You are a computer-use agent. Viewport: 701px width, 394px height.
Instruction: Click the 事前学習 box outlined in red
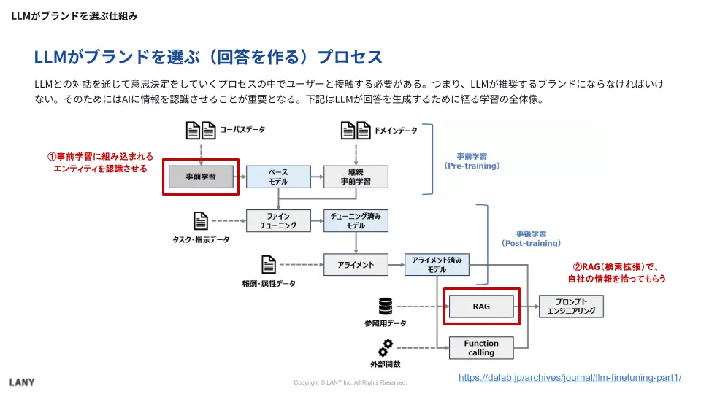201,177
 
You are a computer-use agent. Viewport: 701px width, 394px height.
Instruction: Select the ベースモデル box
278,177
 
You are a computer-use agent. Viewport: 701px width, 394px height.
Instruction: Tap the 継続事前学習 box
356,177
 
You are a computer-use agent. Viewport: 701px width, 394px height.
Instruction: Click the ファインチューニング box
278,220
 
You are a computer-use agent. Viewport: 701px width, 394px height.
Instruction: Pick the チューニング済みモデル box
356,220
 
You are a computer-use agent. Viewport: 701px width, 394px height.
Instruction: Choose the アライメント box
356,264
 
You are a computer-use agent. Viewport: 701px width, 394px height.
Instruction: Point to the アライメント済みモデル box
437,264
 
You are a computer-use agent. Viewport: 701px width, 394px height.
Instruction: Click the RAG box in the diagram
481,306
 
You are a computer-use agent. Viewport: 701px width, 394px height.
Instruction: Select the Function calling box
481,348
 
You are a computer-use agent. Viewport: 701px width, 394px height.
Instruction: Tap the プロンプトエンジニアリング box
572,306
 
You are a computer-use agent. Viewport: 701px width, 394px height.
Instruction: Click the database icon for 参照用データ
386,306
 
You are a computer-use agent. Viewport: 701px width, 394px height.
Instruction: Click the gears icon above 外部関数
386,348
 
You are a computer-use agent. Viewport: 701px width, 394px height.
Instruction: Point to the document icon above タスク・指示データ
201,220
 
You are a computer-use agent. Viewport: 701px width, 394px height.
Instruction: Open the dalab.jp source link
570,377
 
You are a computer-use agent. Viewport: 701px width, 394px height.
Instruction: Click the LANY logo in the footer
22,382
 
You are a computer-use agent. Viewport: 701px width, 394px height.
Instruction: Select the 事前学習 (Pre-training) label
472,161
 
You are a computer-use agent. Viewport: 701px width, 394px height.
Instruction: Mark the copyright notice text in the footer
350,382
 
